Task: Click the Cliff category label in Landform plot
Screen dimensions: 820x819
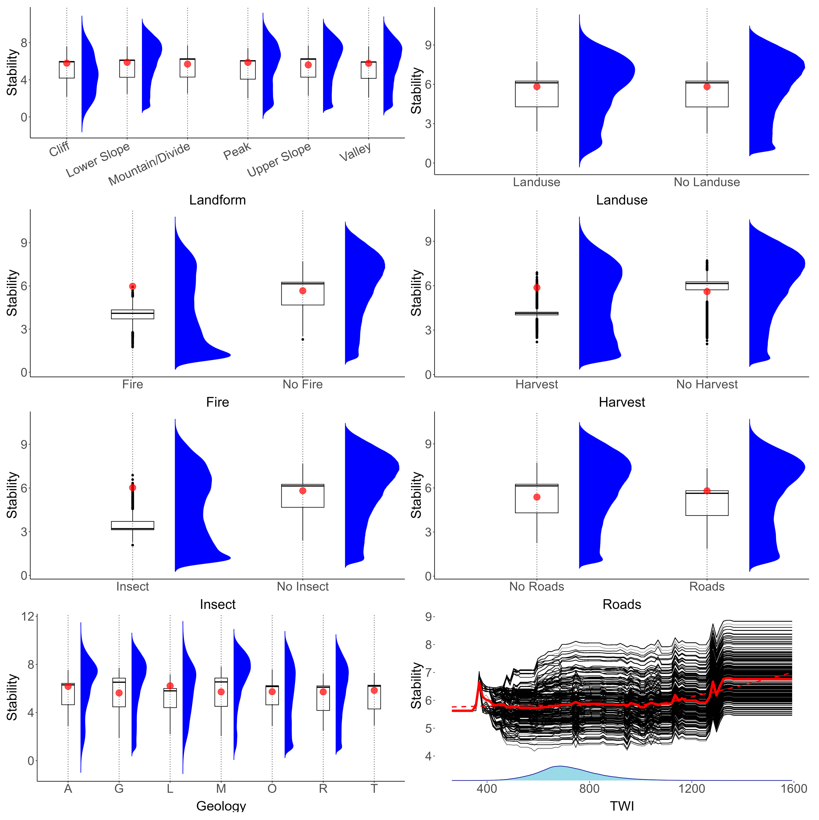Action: (x=59, y=149)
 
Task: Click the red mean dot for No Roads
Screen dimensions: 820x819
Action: (x=537, y=497)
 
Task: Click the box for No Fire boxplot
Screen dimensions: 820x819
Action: (x=302, y=294)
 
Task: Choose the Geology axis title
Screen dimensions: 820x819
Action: (x=221, y=806)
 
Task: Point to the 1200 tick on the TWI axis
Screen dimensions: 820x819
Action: (x=692, y=789)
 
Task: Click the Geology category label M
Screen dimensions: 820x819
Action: (x=221, y=789)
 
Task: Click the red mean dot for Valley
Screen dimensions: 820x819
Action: (x=368, y=63)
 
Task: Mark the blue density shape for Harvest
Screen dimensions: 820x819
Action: (x=598, y=297)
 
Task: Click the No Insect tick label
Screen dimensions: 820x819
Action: (x=302, y=586)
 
